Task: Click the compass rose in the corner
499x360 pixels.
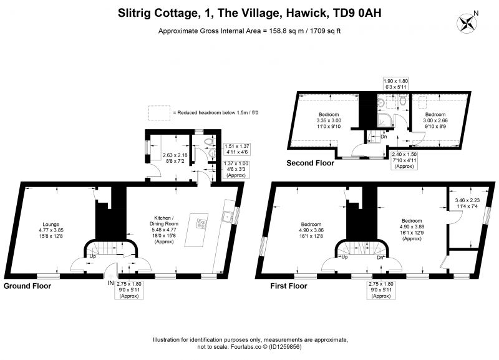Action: [466, 24]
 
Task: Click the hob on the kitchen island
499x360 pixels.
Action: [201, 223]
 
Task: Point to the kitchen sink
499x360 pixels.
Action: [227, 216]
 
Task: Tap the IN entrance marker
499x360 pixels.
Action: [111, 283]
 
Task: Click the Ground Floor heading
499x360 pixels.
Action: [27, 286]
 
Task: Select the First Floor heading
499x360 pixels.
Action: [289, 286]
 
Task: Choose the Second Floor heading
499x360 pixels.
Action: [310, 163]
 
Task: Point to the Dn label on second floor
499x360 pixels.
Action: [384, 137]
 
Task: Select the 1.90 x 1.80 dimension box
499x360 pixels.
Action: [395, 84]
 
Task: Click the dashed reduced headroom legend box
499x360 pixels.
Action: [159, 113]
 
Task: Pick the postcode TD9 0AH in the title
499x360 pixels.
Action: [356, 13]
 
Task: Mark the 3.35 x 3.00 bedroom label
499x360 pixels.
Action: [329, 120]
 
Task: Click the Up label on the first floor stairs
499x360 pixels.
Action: [344, 257]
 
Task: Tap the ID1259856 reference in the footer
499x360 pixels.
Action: [285, 347]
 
